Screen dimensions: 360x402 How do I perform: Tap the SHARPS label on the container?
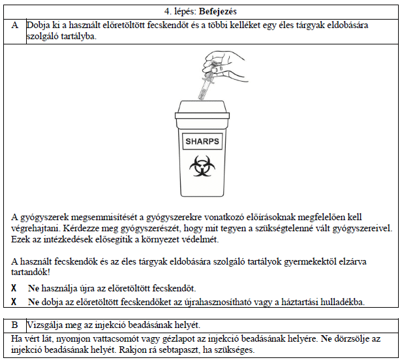(x=202, y=141)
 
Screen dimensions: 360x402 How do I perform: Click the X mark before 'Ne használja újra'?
(x=14, y=288)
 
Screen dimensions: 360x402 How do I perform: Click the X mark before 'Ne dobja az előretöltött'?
(x=14, y=302)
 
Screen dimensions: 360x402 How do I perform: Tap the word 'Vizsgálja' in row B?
(x=46, y=325)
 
